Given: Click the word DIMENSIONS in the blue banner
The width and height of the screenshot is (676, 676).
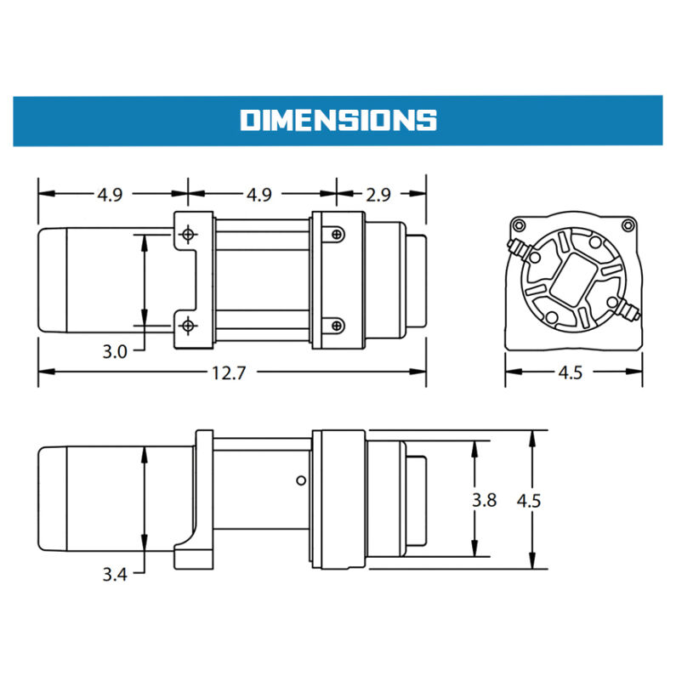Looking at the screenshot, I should coord(338,120).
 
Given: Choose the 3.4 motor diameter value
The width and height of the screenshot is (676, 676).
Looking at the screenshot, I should coord(114,576).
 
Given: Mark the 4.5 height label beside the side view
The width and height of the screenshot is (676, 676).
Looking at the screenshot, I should coord(528,500).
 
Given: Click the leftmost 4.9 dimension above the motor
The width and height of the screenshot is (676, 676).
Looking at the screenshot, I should coord(110,195).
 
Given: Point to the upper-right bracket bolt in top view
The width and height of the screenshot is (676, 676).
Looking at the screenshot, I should coord(338,233).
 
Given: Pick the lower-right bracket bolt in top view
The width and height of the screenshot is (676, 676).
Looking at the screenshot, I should coord(338,324).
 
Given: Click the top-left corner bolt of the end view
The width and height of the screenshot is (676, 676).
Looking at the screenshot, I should coord(517,224).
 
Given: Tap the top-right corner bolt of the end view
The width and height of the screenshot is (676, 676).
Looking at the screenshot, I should coord(628,224).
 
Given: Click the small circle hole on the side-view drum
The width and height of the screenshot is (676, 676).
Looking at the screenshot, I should coord(300,481).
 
